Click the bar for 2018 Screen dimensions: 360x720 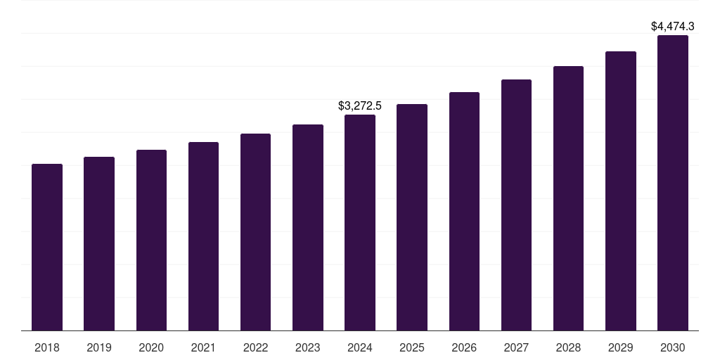click(x=47, y=247)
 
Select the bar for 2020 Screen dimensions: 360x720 click(x=151, y=240)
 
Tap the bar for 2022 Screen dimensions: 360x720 click(x=255, y=232)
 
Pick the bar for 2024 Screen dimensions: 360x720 click(x=360, y=222)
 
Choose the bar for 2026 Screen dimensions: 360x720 click(x=464, y=211)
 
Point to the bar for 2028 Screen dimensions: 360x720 click(x=568, y=198)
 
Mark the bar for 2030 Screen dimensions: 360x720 click(x=673, y=183)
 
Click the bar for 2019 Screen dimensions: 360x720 click(x=99, y=243)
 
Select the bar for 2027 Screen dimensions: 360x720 click(x=516, y=205)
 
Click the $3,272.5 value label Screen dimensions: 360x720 click(x=360, y=106)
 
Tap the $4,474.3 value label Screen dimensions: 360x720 click(x=673, y=27)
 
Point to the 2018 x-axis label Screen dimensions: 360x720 click(x=47, y=347)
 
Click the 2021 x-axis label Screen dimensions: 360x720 click(x=203, y=347)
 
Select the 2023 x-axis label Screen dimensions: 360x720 click(x=308, y=347)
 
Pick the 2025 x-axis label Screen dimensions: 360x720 click(x=412, y=347)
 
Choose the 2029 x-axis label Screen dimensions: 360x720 click(x=621, y=347)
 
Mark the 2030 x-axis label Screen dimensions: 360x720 click(x=673, y=347)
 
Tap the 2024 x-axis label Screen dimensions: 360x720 click(x=360, y=347)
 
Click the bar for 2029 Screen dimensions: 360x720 click(x=621, y=191)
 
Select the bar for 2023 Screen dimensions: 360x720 click(x=308, y=227)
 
